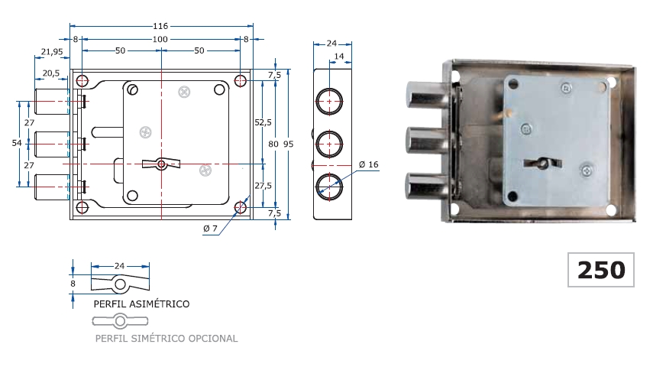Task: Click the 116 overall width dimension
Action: click(160, 26)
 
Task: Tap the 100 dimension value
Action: click(160, 39)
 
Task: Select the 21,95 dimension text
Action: click(51, 51)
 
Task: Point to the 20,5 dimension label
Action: click(52, 73)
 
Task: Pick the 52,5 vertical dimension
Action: click(263, 122)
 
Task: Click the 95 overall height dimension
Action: click(288, 143)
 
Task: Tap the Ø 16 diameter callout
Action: click(368, 164)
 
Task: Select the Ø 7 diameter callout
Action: click(211, 229)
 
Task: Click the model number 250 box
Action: click(600, 270)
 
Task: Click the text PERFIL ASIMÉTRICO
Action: click(141, 303)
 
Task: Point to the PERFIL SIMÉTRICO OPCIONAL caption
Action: click(166, 338)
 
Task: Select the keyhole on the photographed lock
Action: click(540, 163)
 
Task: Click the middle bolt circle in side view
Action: click(329, 142)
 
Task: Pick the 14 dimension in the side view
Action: click(339, 57)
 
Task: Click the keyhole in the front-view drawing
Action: click(160, 163)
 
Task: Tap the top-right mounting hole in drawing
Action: click(240, 81)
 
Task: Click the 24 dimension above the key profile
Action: click(119, 265)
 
